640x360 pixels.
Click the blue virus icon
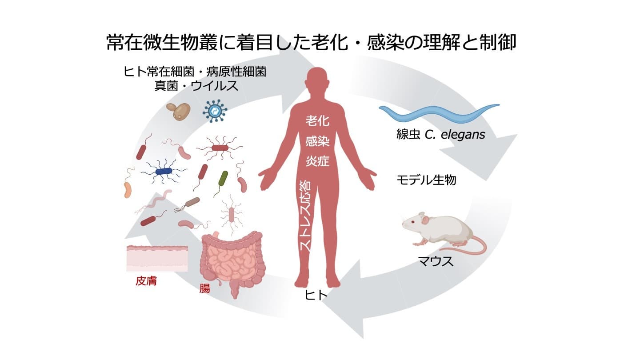215,111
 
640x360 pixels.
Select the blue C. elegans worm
438,113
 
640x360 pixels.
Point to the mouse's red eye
412,221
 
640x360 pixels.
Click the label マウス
436,261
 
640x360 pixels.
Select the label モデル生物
426,180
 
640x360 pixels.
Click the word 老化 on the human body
317,120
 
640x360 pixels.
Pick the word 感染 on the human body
317,141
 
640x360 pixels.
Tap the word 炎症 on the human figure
317,161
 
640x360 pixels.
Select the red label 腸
205,288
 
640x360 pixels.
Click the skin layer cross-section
157,257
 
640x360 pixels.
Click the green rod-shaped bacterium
223,178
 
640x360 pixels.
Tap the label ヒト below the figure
316,296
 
